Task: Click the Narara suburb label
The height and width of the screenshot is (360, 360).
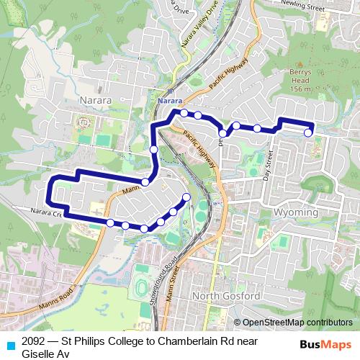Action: coord(96,101)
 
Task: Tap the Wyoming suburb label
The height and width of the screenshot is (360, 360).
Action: coord(296,213)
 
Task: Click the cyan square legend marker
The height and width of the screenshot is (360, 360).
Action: coord(8,343)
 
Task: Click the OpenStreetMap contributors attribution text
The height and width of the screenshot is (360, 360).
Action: coord(296,322)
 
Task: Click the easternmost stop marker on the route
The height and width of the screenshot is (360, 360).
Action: coord(308,132)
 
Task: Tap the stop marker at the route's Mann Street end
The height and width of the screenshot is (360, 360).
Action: coord(186,197)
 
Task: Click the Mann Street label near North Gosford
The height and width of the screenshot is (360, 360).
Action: coord(171,286)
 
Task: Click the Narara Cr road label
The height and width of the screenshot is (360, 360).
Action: coord(47,212)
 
